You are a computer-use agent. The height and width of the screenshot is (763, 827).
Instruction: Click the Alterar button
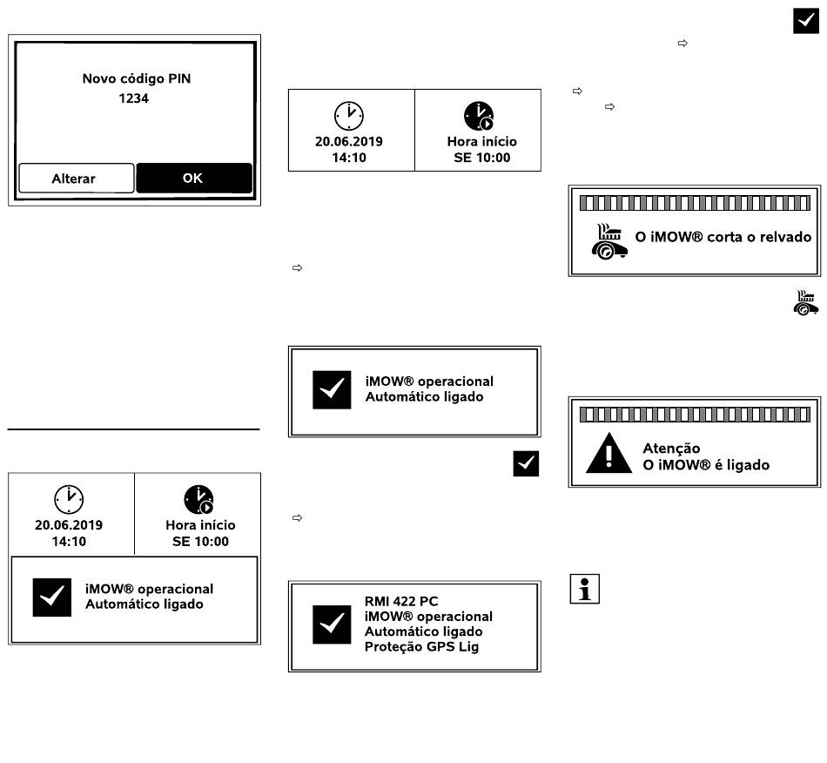pyautogui.click(x=77, y=179)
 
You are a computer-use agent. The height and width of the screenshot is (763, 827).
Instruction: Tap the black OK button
pyautogui.click(x=193, y=178)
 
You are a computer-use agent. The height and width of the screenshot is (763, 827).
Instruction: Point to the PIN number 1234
pyautogui.click(x=133, y=98)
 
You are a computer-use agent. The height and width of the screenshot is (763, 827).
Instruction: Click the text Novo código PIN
pyautogui.click(x=137, y=78)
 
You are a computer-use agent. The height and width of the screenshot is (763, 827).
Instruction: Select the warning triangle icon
pyautogui.click(x=608, y=453)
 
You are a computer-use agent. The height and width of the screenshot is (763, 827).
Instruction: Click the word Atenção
pyautogui.click(x=671, y=449)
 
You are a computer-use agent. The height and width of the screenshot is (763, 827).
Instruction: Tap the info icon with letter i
pyautogui.click(x=584, y=588)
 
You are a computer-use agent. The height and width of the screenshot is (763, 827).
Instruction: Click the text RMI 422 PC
pyautogui.click(x=401, y=601)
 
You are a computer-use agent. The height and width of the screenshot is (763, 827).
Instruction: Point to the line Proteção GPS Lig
pyautogui.click(x=421, y=646)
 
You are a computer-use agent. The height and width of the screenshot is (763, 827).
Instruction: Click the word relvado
pyautogui.click(x=785, y=237)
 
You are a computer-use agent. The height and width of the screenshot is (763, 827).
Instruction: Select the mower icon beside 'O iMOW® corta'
pyautogui.click(x=609, y=241)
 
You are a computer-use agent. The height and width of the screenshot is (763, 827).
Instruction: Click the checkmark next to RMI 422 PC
pyautogui.click(x=332, y=625)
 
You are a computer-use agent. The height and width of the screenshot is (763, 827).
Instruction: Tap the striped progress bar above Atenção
pyautogui.click(x=695, y=415)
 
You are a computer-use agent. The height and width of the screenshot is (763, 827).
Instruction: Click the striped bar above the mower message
pyautogui.click(x=695, y=203)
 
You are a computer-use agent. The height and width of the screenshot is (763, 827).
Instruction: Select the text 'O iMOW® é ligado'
pyautogui.click(x=706, y=465)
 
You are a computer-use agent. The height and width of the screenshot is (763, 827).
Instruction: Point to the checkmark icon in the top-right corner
pyautogui.click(x=806, y=21)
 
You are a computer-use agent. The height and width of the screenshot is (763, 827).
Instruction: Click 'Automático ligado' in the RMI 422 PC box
pyautogui.click(x=424, y=631)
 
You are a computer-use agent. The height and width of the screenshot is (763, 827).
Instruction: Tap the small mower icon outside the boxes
pyautogui.click(x=805, y=303)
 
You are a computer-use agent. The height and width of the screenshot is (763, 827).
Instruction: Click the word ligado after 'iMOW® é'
pyautogui.click(x=748, y=465)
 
